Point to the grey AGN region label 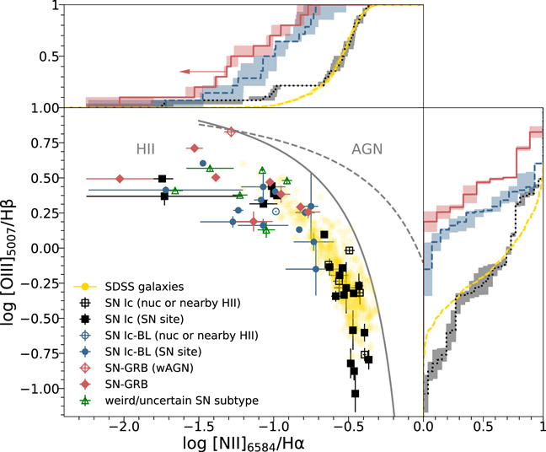point(367,148)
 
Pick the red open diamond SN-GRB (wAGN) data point point(230,131)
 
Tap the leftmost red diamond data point point(120,179)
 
